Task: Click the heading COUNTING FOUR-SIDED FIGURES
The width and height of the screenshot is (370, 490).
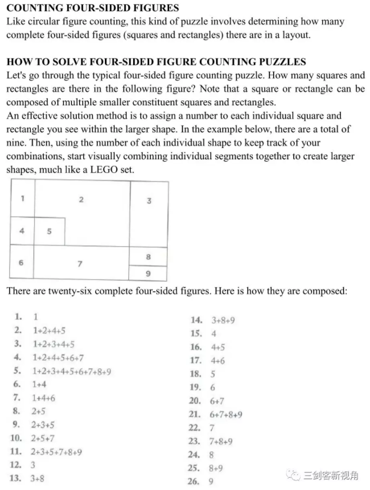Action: point(93,8)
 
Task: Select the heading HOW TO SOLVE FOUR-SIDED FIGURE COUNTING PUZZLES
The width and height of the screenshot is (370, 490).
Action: point(156,62)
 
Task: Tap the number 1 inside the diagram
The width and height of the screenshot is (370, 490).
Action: point(22,198)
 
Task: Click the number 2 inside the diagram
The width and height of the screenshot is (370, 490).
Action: point(81,199)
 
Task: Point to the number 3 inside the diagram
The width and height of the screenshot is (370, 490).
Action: point(149,200)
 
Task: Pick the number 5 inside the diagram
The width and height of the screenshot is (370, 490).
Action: point(49,231)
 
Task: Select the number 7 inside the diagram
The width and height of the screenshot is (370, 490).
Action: point(80,264)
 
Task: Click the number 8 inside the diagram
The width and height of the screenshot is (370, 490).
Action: point(148,257)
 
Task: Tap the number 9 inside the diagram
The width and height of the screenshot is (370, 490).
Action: point(148,274)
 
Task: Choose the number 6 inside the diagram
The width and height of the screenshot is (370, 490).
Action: point(22,263)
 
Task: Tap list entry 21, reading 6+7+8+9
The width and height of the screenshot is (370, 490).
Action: point(226,414)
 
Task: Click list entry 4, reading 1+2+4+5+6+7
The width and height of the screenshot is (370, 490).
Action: point(58,358)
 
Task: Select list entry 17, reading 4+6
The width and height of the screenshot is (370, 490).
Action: point(217,360)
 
